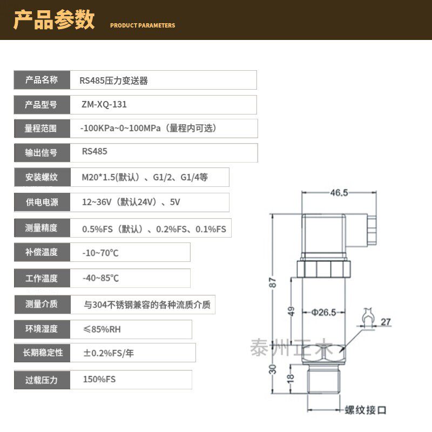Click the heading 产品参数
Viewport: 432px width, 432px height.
click(54, 21)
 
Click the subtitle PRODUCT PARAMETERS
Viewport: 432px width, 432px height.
click(143, 25)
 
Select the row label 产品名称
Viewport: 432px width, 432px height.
click(41, 80)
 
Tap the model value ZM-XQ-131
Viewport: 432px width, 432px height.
click(104, 105)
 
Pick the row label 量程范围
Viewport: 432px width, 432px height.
click(41, 129)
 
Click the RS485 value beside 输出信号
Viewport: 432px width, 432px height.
click(94, 151)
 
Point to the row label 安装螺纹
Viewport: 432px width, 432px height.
click(41, 177)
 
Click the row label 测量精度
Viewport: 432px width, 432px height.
click(41, 227)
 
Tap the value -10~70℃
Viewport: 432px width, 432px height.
click(100, 253)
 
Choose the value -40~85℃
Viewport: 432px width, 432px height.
click(100, 278)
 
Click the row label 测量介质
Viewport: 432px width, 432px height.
click(41, 304)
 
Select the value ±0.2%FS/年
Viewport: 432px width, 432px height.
click(108, 353)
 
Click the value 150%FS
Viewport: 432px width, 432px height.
click(99, 379)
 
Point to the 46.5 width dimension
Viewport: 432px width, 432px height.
click(339, 192)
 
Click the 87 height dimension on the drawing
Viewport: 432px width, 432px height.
click(273, 282)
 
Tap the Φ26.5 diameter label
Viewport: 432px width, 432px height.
click(324, 312)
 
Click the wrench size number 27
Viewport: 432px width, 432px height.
click(386, 322)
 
